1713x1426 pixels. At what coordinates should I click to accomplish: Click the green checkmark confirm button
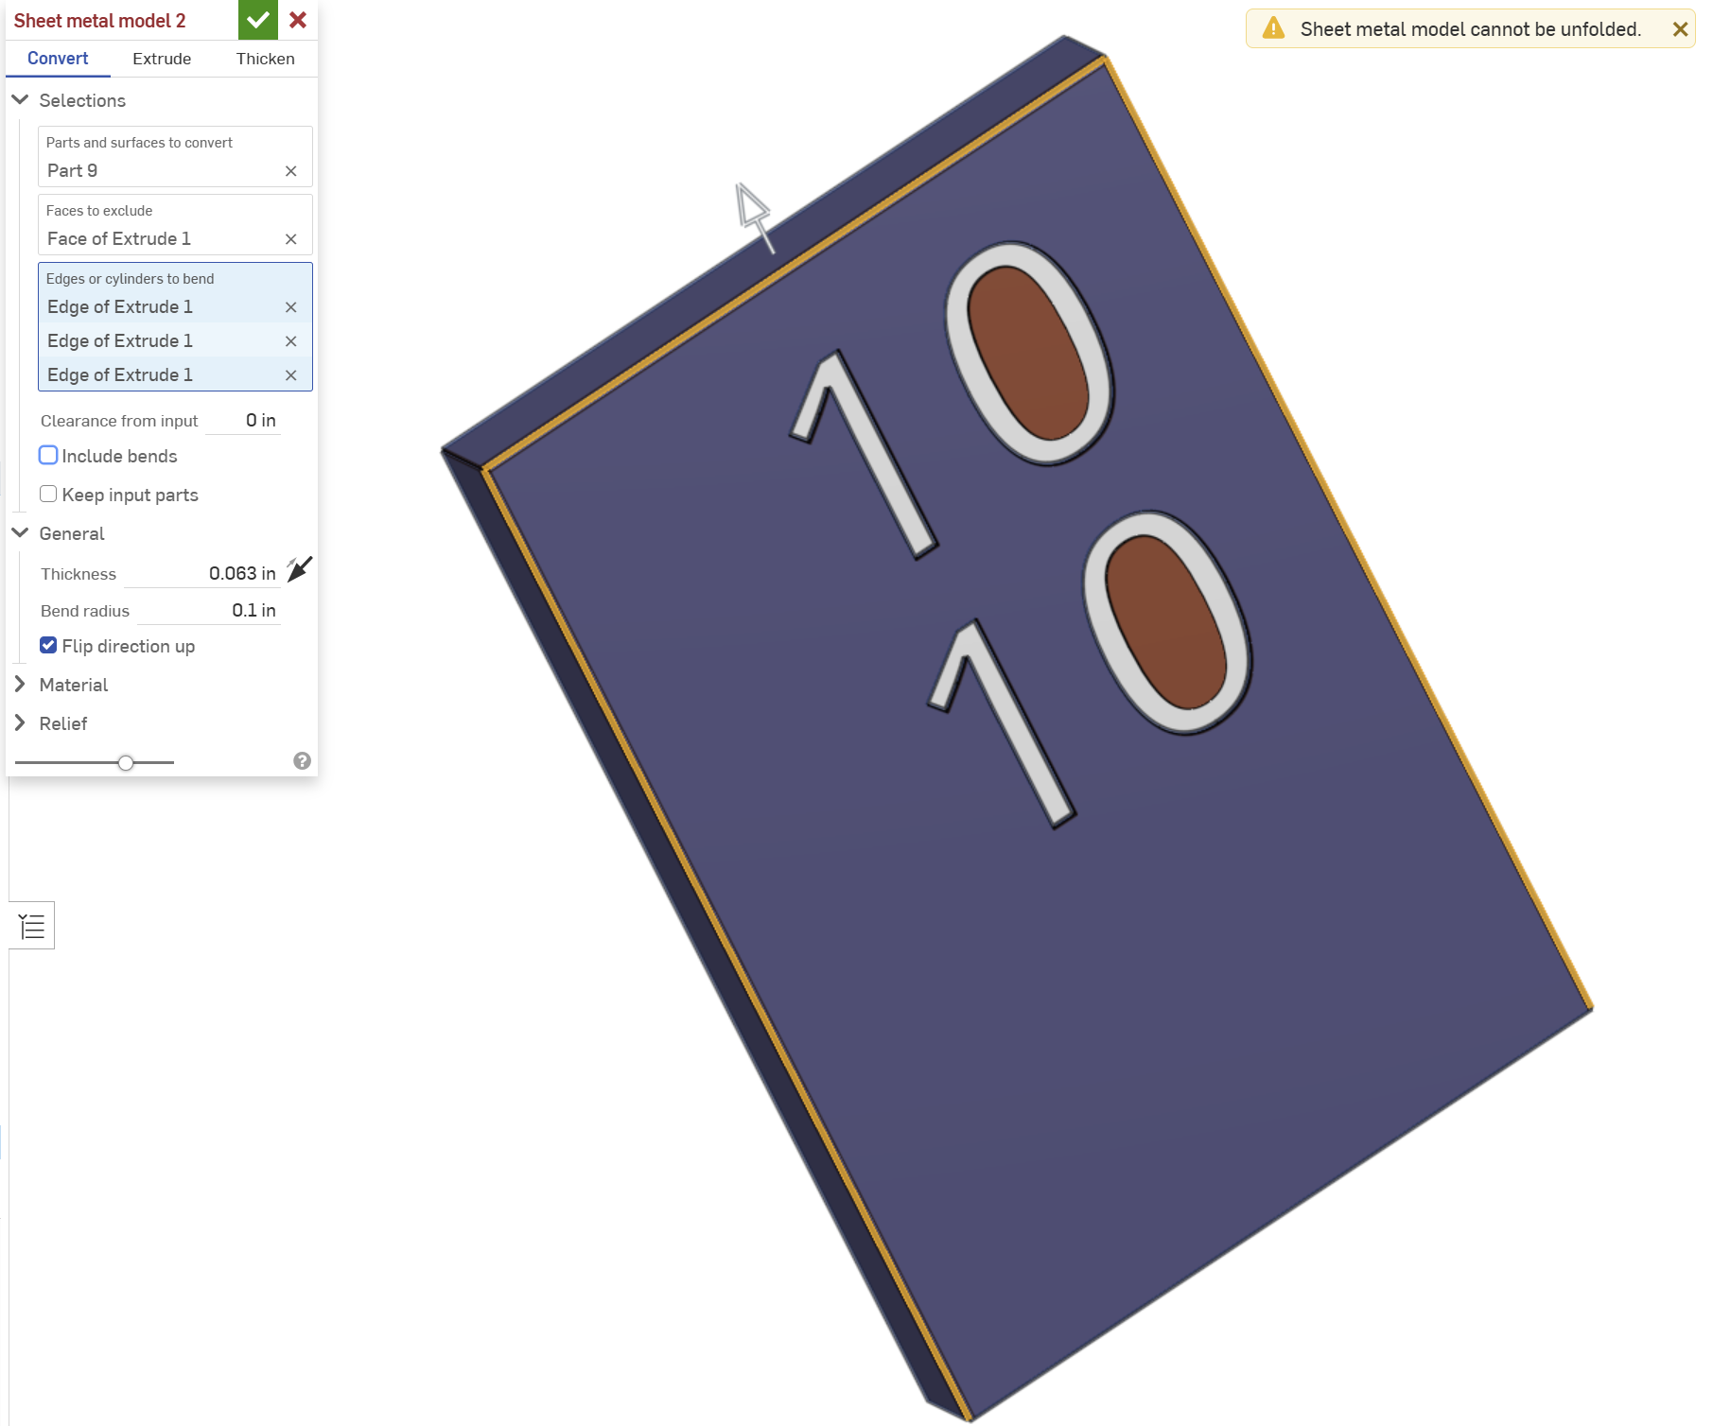coord(258,20)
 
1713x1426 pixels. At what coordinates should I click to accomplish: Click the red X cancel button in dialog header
coord(298,20)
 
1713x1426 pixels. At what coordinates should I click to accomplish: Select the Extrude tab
coord(162,59)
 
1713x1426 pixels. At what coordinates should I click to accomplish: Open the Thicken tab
coord(265,59)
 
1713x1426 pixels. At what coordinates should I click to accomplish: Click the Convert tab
coord(58,59)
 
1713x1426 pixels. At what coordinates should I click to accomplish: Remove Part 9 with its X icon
coord(291,171)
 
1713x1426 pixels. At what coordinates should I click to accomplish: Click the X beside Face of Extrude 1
coord(291,239)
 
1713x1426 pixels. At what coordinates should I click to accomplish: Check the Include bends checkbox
coord(48,455)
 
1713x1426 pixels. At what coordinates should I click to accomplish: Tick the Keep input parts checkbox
coord(48,494)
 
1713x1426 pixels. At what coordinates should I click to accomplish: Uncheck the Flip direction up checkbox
coord(48,645)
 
